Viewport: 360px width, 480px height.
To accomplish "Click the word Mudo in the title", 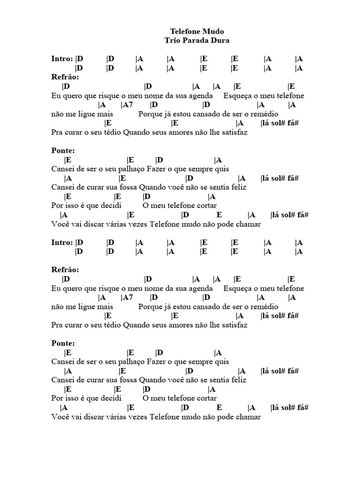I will (x=213, y=32).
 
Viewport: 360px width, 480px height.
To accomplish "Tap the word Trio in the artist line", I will (x=173, y=41).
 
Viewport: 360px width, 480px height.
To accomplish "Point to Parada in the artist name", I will (x=197, y=41).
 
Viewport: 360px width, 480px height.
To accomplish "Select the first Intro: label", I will (x=62, y=59).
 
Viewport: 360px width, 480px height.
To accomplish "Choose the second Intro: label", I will (x=62, y=243).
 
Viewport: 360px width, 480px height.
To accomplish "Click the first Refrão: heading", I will (x=65, y=77).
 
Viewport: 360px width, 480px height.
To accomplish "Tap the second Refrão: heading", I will (x=65, y=270).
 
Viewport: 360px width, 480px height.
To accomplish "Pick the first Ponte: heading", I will (x=63, y=150).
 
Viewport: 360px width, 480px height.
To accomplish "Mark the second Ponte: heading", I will (x=63, y=344).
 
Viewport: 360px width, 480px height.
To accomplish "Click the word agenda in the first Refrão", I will (x=201, y=96).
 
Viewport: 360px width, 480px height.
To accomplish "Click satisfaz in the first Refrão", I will (x=232, y=133).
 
